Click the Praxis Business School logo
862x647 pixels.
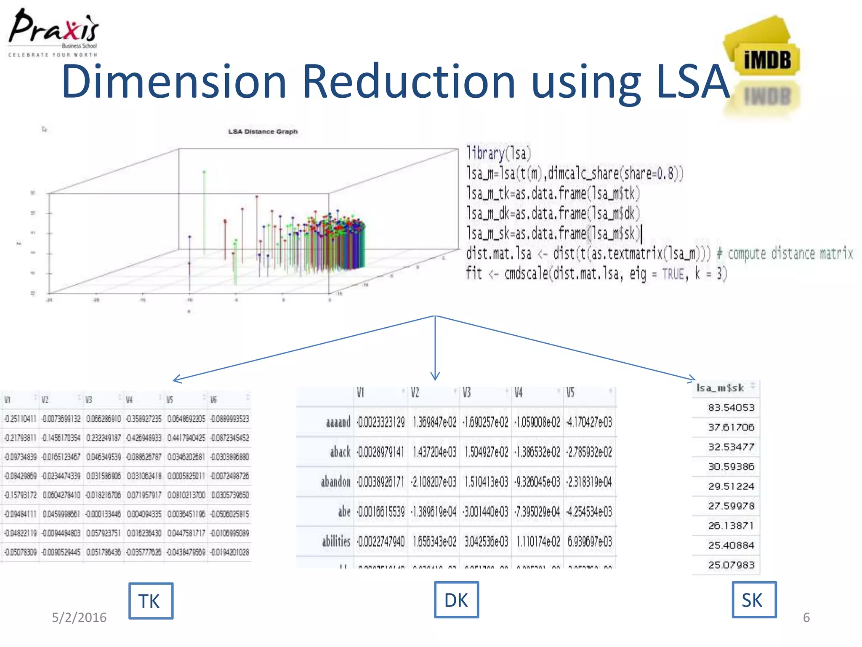click(x=53, y=33)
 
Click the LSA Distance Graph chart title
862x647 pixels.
click(x=263, y=132)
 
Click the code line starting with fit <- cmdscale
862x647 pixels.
click(x=596, y=274)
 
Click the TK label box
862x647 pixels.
click(x=151, y=601)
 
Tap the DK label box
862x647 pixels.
click(x=456, y=600)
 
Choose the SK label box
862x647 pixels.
click(x=753, y=600)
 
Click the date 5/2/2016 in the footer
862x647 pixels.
click(x=79, y=618)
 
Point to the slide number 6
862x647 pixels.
click(x=806, y=618)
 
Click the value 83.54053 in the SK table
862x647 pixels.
click(x=731, y=408)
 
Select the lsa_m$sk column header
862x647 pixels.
click(x=720, y=388)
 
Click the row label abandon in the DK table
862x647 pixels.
click(x=335, y=482)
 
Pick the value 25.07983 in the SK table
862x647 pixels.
click(x=731, y=565)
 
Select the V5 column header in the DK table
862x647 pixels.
click(x=570, y=393)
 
